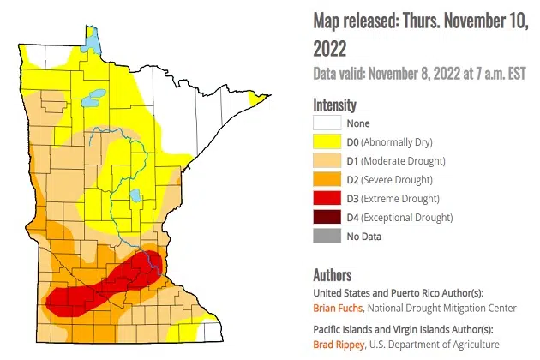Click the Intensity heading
click(334, 105)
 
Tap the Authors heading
click(333, 275)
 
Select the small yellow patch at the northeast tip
click(255, 100)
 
